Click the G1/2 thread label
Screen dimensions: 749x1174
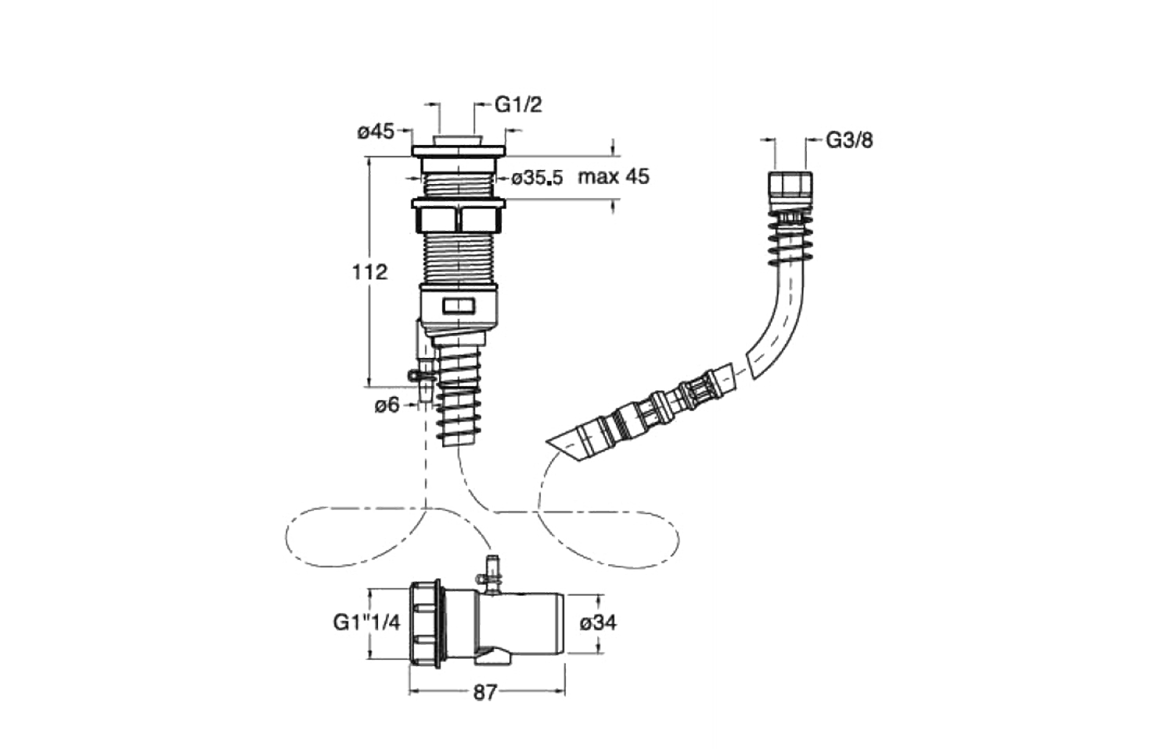[x=518, y=104]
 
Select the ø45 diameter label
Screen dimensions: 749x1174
[x=375, y=132]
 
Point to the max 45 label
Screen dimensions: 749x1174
[x=614, y=176]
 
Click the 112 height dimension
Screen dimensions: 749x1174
[x=369, y=272]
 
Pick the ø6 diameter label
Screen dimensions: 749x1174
[x=387, y=405]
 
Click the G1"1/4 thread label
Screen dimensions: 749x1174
[x=366, y=622]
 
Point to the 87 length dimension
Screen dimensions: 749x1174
[x=485, y=693]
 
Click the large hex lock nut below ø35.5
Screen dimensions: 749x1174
[x=458, y=217]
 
